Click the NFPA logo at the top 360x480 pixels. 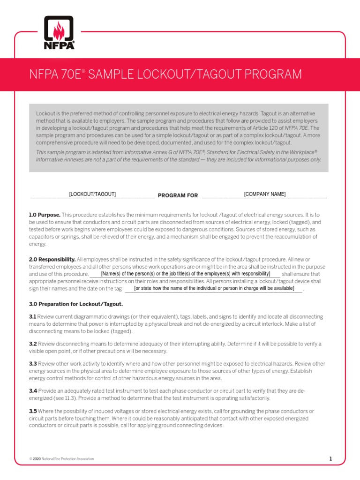(x=59, y=33)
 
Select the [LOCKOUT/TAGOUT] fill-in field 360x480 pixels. (x=92, y=194)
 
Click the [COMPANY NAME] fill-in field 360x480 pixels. (x=264, y=194)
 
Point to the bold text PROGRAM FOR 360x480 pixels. (x=178, y=195)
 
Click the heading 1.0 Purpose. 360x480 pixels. (x=45, y=215)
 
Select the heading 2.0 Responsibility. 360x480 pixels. (x=52, y=259)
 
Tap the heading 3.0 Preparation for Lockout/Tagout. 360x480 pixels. (x=76, y=304)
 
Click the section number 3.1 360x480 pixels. (x=32, y=317)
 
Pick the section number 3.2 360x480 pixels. (x=33, y=344)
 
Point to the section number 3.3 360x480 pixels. (x=33, y=364)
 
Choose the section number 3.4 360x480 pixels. (x=33, y=390)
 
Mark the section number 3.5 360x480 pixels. (x=33, y=411)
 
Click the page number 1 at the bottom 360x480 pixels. (x=330, y=459)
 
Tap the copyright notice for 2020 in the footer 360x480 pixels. (x=61, y=459)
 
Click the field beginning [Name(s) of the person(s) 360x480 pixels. (x=185, y=273)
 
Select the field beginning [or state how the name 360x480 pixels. (x=214, y=288)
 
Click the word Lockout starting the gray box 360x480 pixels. (x=45, y=114)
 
